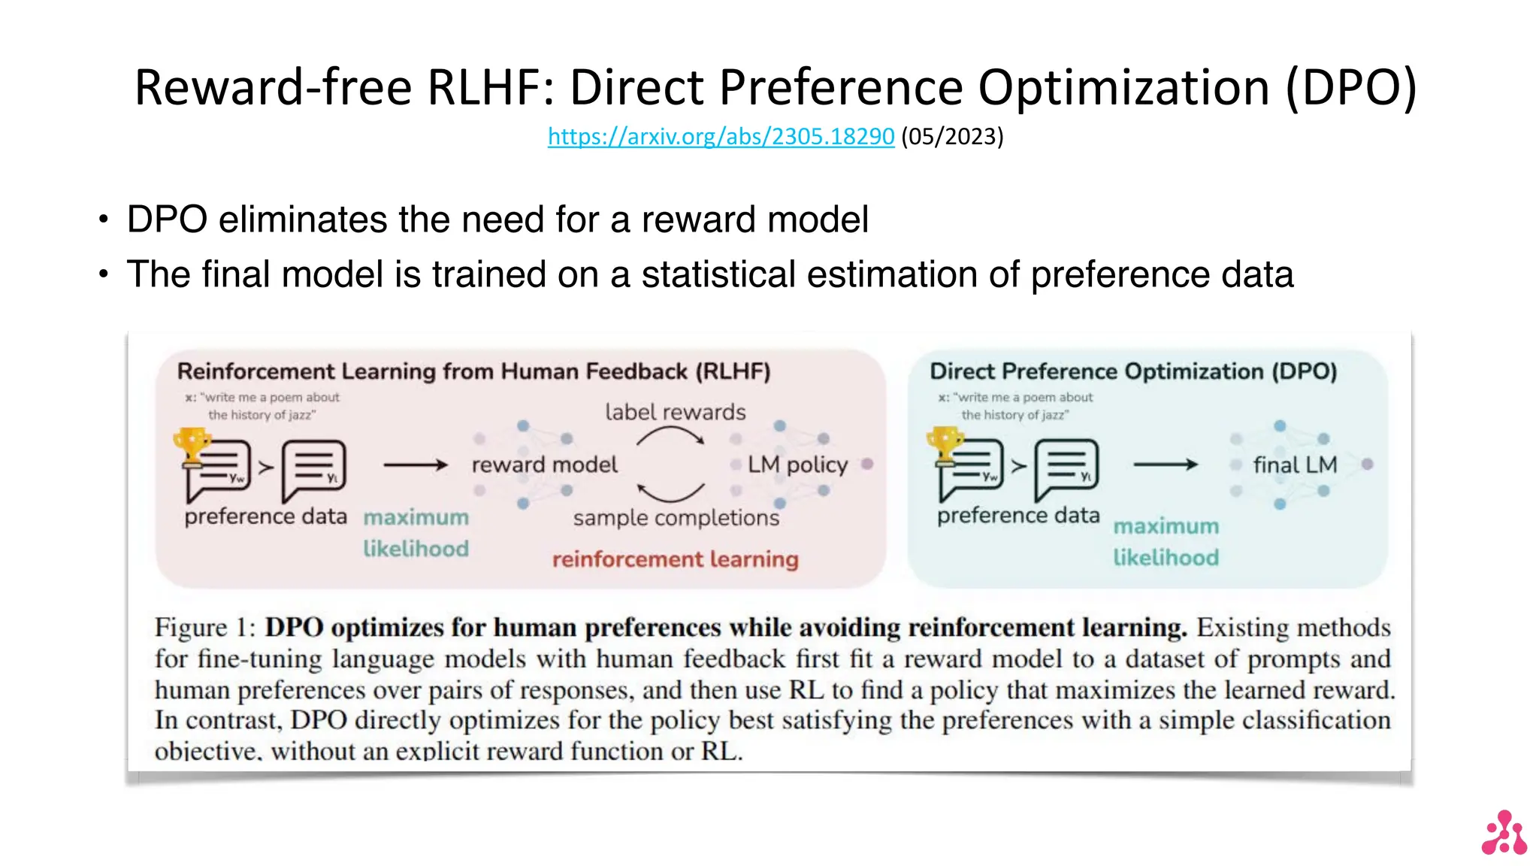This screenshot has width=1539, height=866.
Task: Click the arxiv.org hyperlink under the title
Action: point(720,136)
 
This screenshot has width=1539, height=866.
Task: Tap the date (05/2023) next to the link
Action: point(952,136)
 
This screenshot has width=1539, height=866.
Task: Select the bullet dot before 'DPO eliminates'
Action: point(104,220)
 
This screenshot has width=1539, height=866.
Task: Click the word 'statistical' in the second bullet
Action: point(718,274)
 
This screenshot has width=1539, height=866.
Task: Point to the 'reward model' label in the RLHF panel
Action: point(544,465)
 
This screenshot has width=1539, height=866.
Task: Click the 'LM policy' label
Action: point(797,465)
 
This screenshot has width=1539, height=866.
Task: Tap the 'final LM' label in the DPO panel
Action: point(1295,465)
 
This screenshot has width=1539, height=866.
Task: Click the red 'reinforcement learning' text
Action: point(675,559)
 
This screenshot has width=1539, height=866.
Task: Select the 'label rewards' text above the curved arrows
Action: point(675,412)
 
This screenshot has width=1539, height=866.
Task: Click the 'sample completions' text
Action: point(676,518)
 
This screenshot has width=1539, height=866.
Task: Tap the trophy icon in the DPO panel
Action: point(945,444)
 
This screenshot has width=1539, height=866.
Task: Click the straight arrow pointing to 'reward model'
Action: point(415,465)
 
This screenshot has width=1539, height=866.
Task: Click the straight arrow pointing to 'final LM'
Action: point(1166,465)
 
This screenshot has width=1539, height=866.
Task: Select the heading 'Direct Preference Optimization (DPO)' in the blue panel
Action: point(1133,371)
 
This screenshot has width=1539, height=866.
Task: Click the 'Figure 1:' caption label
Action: point(204,627)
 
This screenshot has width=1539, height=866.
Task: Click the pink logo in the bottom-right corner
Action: point(1504,833)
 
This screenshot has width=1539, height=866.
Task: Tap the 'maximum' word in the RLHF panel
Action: point(416,518)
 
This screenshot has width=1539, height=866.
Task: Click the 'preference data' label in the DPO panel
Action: point(1017,516)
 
